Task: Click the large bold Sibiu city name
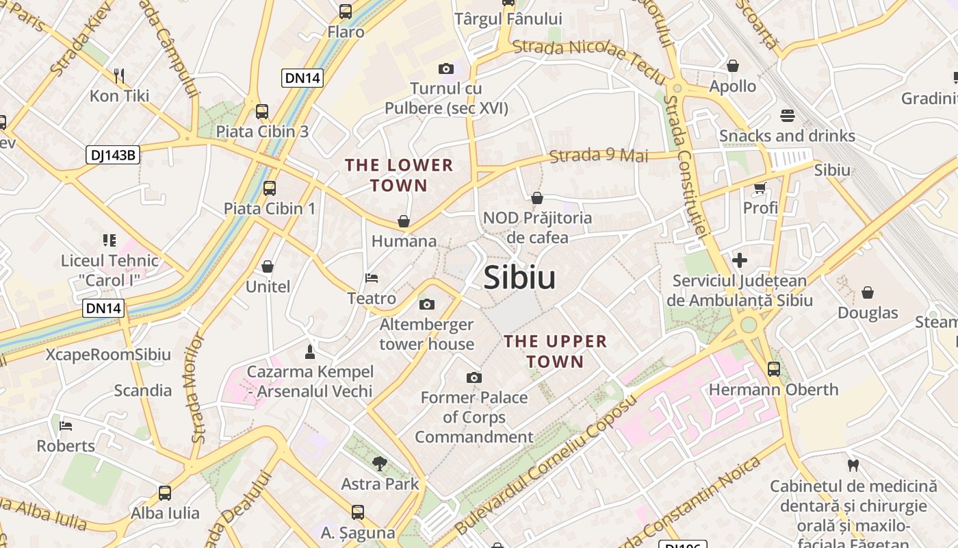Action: coord(519,278)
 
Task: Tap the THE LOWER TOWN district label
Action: coord(399,175)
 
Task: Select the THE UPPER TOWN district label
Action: coord(555,351)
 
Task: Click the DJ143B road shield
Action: coord(113,155)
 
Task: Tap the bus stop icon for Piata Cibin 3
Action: coord(261,112)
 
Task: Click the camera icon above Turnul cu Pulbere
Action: coord(446,68)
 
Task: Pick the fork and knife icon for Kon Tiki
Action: coord(119,75)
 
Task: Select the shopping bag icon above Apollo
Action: coord(733,66)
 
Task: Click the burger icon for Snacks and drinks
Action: coord(787,116)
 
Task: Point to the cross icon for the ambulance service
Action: coord(740,260)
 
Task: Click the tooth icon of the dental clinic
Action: coord(853,466)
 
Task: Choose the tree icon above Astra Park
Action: coord(380,463)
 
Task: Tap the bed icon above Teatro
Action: coord(372,278)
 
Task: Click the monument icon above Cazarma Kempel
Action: coord(310,351)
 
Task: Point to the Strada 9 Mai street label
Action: coord(599,156)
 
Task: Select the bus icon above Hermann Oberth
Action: coord(774,369)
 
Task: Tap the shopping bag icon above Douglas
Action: coord(868,292)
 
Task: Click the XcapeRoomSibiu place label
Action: coord(108,355)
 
